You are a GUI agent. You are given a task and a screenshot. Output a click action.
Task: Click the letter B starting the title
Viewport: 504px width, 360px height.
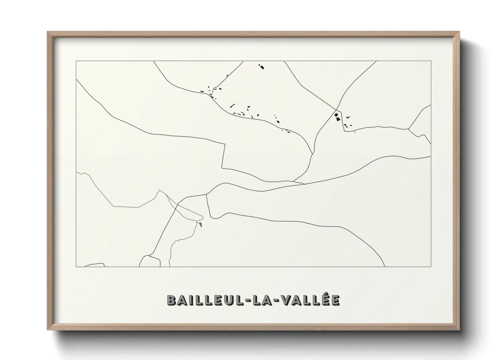tap(171, 300)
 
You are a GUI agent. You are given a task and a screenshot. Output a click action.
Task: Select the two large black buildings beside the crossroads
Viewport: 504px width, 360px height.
tap(337, 117)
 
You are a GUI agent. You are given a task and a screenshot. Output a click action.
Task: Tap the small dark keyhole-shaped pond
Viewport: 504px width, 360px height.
tap(201, 225)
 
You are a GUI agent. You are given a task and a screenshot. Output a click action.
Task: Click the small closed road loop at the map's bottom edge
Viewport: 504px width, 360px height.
tap(150, 262)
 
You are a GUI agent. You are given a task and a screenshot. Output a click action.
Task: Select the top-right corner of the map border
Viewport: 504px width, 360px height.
tap(431, 61)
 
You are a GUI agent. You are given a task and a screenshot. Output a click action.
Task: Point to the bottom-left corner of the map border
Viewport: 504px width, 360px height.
tap(76, 266)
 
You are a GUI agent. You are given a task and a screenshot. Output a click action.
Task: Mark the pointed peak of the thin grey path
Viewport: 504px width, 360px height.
tap(159, 191)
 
